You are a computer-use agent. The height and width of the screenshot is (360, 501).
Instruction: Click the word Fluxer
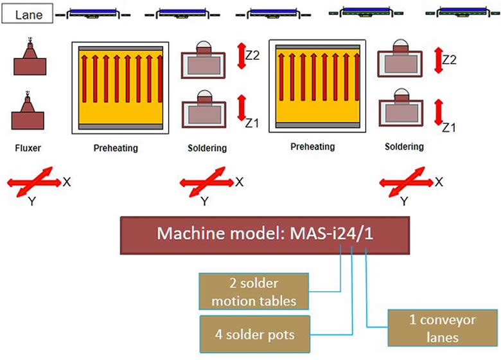[28, 148]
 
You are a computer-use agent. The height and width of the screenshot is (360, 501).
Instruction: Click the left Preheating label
[116, 148]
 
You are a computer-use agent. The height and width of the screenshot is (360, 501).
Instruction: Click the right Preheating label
[312, 147]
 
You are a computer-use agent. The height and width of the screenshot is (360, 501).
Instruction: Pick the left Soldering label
[207, 148]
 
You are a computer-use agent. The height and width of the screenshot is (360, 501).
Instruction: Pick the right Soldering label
[404, 147]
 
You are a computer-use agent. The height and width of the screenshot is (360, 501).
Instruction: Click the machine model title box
[264, 235]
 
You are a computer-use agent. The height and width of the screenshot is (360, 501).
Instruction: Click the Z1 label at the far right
[448, 127]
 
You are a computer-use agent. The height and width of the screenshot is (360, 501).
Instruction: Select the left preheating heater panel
[120, 87]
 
